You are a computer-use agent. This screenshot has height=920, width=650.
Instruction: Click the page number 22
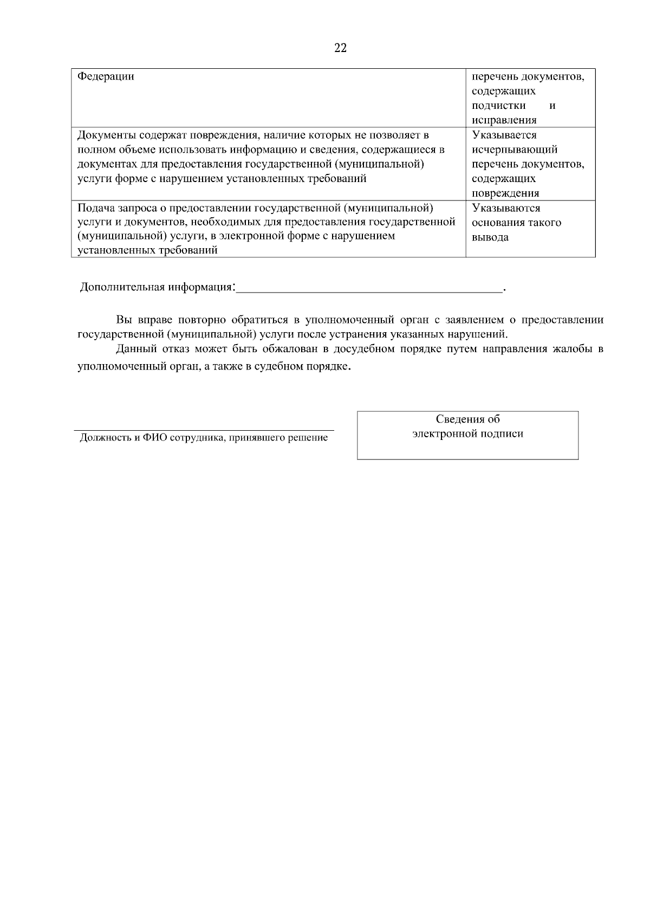(341, 48)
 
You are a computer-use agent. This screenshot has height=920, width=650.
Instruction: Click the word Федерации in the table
(106, 76)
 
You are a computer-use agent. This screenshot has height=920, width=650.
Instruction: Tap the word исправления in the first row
(504, 120)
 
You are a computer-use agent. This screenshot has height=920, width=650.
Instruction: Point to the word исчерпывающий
(515, 150)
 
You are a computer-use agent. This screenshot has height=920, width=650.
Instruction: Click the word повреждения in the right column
(505, 193)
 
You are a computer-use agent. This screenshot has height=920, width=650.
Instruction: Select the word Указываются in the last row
(506, 208)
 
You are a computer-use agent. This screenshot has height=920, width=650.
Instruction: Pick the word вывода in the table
(490, 237)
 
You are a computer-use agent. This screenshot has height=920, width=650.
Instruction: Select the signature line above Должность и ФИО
(204, 430)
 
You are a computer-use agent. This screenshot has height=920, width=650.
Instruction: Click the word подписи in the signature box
(502, 433)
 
